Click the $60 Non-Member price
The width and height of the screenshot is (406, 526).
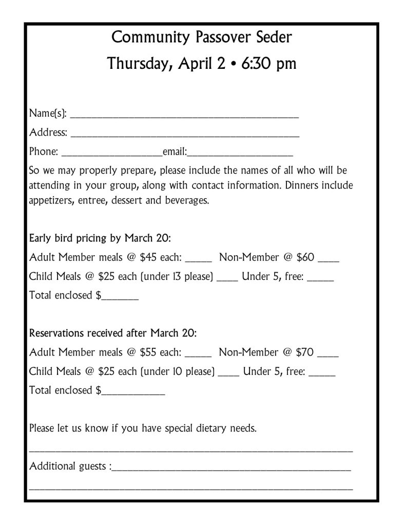point(305,257)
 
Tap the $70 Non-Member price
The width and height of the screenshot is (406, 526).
point(305,352)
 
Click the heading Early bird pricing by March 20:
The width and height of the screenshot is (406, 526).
point(100,238)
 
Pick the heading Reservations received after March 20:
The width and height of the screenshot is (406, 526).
point(113,333)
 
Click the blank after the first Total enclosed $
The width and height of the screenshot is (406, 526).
point(120,297)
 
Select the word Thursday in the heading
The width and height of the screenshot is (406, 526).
point(136,65)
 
